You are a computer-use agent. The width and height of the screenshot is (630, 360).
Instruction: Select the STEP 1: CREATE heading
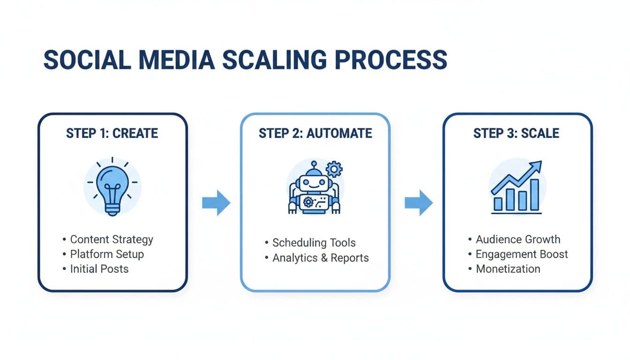click(112, 133)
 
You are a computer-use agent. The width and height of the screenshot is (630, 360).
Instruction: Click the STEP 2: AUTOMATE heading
click(315, 133)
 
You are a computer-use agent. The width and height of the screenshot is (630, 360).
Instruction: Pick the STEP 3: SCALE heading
click(516, 133)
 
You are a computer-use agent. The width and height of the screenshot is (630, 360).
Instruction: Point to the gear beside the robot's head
click(334, 169)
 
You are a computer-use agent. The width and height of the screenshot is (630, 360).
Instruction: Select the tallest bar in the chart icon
click(534, 195)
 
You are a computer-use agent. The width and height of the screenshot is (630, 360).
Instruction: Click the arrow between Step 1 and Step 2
click(216, 203)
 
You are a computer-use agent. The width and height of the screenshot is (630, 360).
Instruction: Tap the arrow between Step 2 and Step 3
click(419, 203)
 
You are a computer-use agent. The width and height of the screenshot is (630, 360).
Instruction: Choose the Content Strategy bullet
click(112, 240)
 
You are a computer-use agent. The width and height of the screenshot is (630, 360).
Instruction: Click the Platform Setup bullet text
click(107, 254)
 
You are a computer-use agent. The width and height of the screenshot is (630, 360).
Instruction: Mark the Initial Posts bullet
click(99, 269)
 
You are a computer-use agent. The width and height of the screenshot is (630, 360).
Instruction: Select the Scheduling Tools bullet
click(314, 243)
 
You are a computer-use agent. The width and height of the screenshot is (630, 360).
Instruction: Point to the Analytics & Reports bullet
click(321, 258)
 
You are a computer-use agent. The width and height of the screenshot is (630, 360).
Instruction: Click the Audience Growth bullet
click(518, 240)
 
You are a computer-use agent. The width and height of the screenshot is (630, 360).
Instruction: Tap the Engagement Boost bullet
click(522, 254)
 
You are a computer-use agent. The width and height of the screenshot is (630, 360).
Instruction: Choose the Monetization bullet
click(508, 269)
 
